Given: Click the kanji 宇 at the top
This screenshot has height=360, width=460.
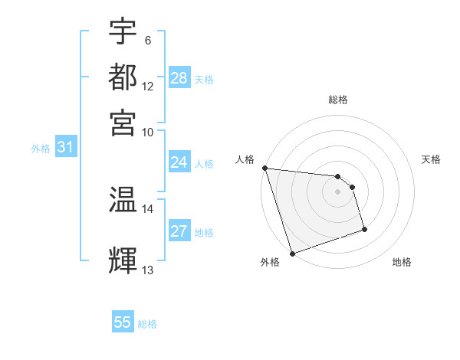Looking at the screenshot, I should click(x=123, y=31).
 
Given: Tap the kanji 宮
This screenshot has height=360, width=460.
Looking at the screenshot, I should click(x=123, y=122).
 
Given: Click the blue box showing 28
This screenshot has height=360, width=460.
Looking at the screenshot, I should click(x=179, y=78).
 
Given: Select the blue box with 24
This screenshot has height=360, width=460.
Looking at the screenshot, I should click(x=179, y=162).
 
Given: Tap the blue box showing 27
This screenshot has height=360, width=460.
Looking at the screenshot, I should click(x=179, y=231).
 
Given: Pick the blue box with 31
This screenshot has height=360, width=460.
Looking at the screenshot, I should click(x=65, y=148).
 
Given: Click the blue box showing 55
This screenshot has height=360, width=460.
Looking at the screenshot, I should click(x=123, y=322).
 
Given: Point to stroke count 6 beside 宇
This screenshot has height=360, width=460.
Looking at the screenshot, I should click(x=147, y=40).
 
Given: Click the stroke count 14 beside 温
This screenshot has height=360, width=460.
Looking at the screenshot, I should click(x=147, y=208).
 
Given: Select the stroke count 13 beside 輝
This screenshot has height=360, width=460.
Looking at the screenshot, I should click(x=147, y=270).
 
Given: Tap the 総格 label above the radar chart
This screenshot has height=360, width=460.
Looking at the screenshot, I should click(x=338, y=100).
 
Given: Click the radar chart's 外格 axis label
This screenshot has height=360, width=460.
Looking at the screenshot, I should click(x=270, y=263).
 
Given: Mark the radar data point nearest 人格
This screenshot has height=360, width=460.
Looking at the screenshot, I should click(x=264, y=168).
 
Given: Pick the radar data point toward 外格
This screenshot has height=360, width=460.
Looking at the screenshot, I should click(x=292, y=254).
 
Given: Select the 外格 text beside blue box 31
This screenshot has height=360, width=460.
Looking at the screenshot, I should click(x=41, y=149).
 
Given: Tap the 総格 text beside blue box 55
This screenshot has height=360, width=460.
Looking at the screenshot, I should click(x=147, y=324).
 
